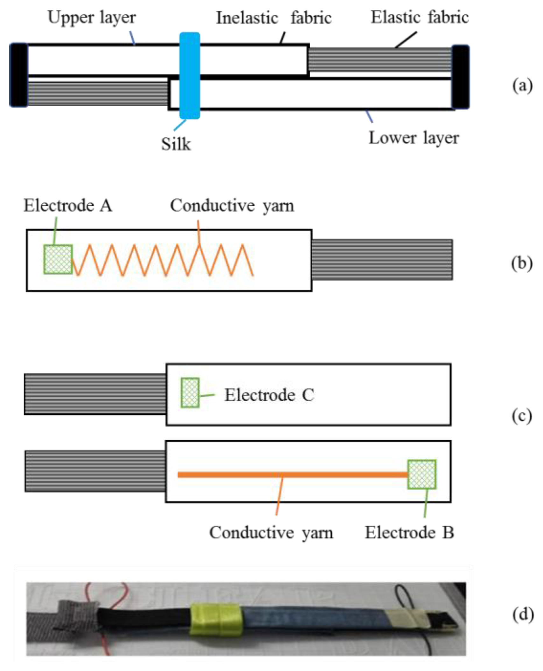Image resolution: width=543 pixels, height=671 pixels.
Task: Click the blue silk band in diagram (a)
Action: click(189, 76)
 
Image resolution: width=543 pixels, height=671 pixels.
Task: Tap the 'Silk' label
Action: click(176, 144)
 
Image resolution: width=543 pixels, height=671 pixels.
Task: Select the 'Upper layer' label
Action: click(92, 17)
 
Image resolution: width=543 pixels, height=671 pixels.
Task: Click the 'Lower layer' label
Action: click(413, 138)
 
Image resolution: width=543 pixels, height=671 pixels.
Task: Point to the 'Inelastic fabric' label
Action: click(274, 18)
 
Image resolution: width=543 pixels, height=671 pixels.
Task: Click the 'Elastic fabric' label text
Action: click(420, 17)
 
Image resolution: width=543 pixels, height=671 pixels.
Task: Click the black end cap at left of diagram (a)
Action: click(19, 75)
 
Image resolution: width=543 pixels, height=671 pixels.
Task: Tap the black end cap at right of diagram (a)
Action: click(460, 77)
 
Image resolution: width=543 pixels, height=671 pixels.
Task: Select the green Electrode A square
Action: click(58, 259)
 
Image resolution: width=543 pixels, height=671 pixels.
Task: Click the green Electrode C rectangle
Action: click(190, 392)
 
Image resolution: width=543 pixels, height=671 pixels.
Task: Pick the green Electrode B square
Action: click(422, 474)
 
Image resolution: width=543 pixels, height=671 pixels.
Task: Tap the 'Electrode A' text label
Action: click(68, 205)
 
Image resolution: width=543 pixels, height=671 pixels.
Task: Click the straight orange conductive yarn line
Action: click(286, 475)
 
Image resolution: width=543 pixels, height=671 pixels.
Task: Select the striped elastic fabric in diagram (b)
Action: click(382, 260)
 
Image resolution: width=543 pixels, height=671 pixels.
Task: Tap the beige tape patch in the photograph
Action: click(406, 618)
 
